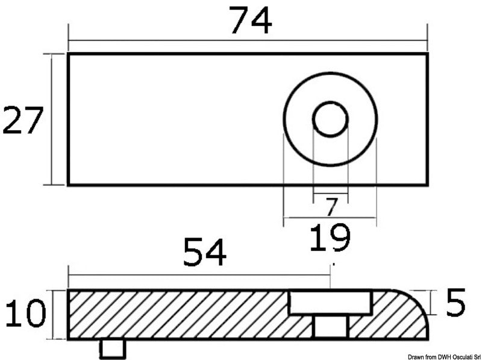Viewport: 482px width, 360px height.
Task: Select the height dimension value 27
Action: tap(23, 120)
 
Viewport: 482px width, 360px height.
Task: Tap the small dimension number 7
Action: tap(330, 207)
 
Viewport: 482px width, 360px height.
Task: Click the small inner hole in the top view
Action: tap(330, 119)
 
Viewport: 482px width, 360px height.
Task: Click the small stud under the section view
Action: tap(113, 348)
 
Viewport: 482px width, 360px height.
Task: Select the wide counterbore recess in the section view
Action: tap(329, 302)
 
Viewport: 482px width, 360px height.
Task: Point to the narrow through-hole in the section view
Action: tap(331, 326)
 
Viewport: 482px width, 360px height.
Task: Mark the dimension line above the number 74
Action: tap(181, 40)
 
